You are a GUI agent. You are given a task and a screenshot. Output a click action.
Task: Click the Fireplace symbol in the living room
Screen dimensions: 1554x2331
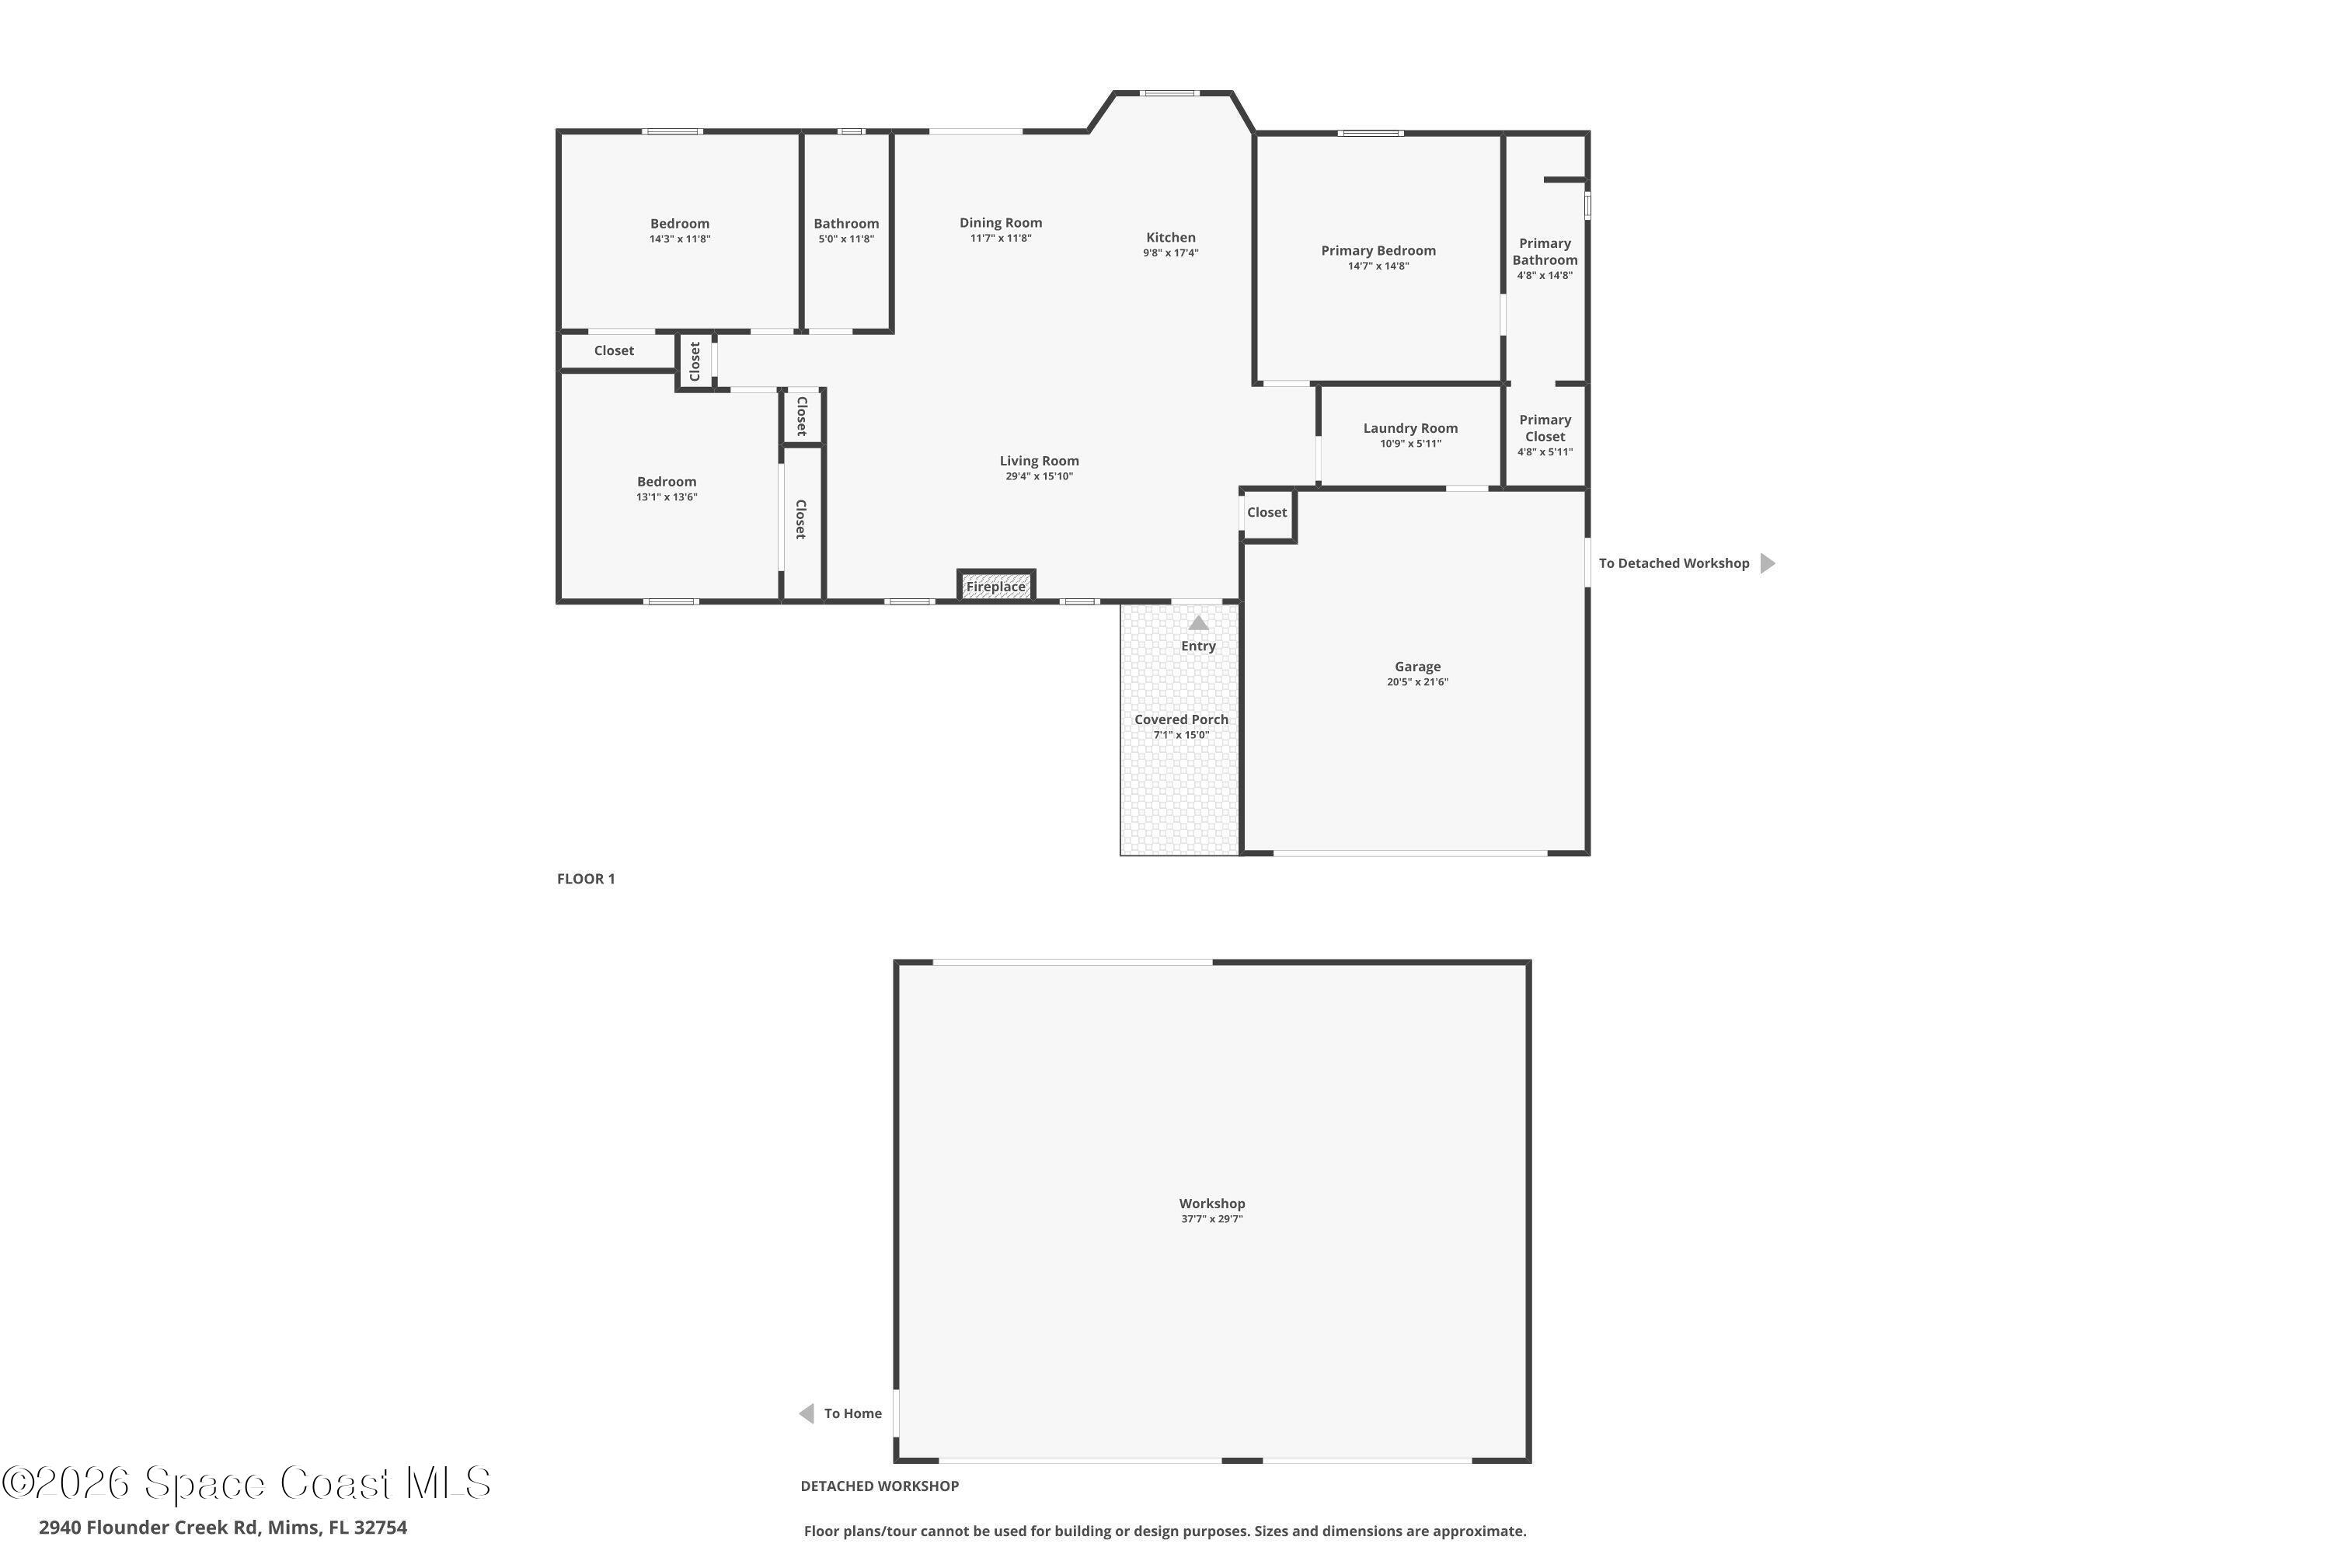click(995, 586)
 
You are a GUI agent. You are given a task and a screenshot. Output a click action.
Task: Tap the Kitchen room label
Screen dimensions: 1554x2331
click(1170, 238)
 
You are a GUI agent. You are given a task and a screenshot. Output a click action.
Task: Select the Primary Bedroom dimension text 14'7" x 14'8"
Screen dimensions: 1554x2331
click(1378, 267)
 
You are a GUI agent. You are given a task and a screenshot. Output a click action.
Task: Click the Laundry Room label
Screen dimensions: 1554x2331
click(1409, 428)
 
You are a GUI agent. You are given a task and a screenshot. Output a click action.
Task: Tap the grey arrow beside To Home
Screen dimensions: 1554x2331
click(807, 1413)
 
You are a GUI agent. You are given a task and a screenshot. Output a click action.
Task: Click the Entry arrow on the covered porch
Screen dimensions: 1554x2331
click(1198, 623)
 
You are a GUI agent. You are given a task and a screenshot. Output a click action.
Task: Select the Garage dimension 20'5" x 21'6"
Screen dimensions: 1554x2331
click(1417, 682)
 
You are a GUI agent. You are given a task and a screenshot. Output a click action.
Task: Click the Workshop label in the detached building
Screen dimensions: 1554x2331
click(1211, 1203)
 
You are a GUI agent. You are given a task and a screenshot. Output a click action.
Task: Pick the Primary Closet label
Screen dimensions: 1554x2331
click(1544, 428)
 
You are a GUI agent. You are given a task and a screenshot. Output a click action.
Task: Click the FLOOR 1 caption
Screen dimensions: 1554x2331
click(586, 878)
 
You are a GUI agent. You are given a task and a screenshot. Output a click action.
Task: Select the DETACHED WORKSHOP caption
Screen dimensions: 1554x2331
click(879, 1486)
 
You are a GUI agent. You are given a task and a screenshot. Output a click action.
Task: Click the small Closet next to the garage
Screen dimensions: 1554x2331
click(1267, 512)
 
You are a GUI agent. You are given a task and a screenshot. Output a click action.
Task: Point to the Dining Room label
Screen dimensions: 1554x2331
click(1000, 223)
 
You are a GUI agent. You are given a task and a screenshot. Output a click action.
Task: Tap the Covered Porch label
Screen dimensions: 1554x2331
click(1180, 720)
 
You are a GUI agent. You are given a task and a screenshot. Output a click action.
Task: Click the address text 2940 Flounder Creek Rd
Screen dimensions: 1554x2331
click(223, 1528)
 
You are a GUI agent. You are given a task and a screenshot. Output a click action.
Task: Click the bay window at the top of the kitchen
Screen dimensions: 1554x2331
click(1169, 93)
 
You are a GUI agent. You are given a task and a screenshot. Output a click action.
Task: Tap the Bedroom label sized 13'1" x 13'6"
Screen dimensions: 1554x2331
click(666, 482)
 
